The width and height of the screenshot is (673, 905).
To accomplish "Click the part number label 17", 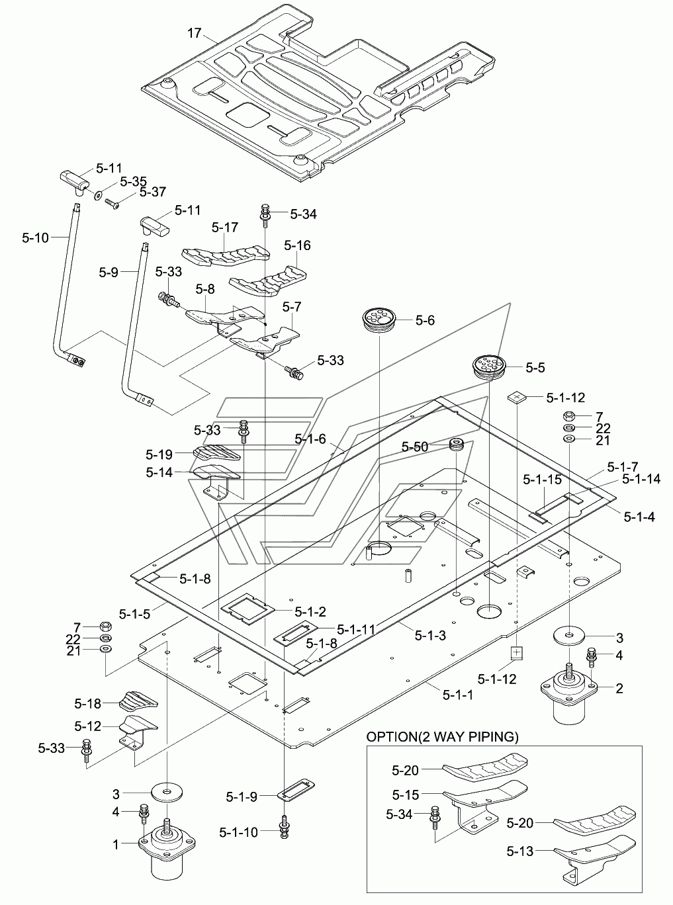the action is [x=195, y=33].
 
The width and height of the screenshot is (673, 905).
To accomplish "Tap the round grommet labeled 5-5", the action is [x=489, y=366].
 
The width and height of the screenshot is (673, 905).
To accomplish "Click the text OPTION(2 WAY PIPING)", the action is [x=443, y=736].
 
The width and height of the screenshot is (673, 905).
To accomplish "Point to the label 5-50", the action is [x=415, y=447].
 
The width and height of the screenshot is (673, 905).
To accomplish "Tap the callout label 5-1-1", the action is [x=458, y=694].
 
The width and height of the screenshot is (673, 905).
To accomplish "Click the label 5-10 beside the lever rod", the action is [x=36, y=237].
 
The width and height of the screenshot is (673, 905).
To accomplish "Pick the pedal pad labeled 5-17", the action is [x=226, y=256].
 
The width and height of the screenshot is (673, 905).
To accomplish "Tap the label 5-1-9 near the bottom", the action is [x=242, y=797].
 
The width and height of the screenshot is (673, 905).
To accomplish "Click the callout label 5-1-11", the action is [x=356, y=628].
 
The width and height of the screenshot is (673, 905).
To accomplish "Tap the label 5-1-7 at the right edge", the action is [x=623, y=466].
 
